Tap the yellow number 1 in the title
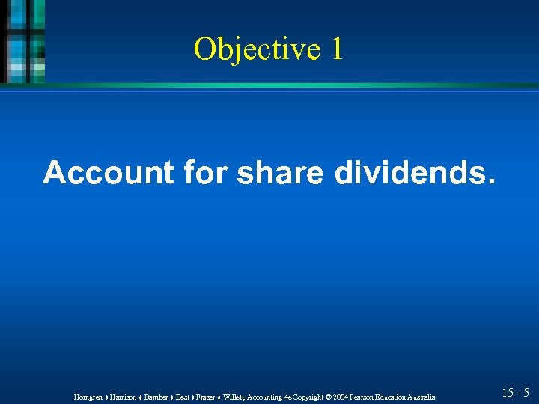tap(336, 49)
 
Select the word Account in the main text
tap(108, 172)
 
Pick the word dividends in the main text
tap(413, 172)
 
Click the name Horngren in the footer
tap(89, 396)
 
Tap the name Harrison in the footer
tap(124, 396)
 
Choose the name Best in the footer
tap(183, 396)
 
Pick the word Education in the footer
tap(393, 396)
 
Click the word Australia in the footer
tap(423, 396)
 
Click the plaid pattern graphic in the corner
tap(22, 41)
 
